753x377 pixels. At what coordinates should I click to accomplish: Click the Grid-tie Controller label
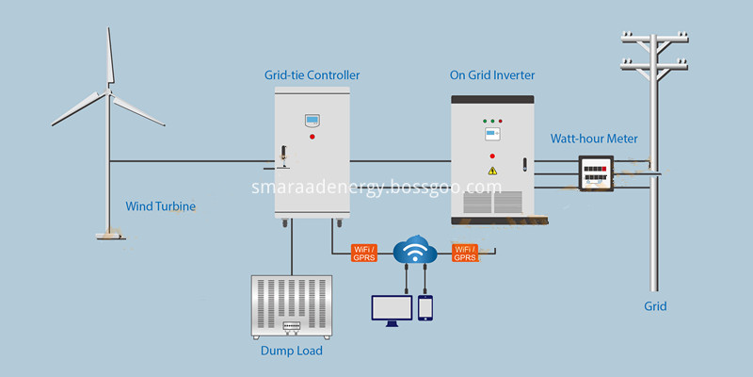click(312, 75)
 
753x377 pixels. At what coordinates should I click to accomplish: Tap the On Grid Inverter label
click(492, 75)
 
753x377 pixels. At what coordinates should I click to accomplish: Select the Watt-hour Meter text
click(594, 139)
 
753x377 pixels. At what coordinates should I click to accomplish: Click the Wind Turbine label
click(160, 206)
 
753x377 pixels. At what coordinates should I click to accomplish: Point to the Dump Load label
click(292, 351)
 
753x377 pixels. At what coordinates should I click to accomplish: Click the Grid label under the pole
click(655, 306)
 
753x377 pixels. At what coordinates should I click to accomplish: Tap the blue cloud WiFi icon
click(415, 249)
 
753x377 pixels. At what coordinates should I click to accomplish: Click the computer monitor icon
click(392, 311)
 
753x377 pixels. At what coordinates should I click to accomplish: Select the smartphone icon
click(425, 308)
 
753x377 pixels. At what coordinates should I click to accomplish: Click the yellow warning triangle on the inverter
click(492, 171)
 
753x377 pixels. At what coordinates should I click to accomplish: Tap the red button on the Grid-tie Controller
click(312, 137)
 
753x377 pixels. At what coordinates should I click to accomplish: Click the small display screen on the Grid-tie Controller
click(312, 120)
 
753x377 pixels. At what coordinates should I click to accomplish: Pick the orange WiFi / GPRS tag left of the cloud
click(364, 254)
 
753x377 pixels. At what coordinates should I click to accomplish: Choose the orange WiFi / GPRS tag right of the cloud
click(465, 254)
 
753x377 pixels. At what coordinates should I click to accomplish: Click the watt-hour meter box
click(596, 173)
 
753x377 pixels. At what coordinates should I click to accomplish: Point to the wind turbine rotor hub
click(109, 91)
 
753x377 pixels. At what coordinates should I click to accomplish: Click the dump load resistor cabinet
click(292, 307)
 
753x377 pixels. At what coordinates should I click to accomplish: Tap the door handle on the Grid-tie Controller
click(284, 156)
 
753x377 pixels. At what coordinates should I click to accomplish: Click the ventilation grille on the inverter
click(492, 202)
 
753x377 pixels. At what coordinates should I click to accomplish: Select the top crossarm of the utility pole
click(654, 37)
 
